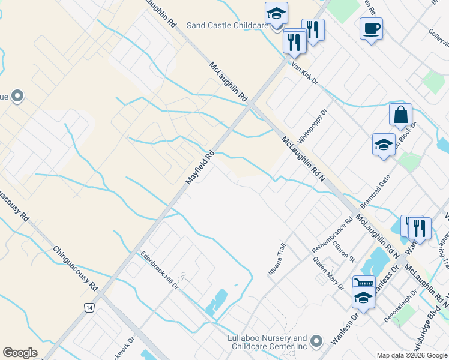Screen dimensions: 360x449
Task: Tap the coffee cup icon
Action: click(371, 28)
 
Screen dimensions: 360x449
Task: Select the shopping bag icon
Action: click(400, 114)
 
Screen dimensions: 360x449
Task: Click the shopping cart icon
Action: click(363, 284)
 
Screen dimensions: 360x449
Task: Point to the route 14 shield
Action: click(89, 307)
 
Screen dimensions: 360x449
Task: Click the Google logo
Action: click(20, 353)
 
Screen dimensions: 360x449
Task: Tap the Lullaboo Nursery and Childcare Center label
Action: click(267, 342)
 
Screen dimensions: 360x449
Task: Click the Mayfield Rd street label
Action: click(200, 167)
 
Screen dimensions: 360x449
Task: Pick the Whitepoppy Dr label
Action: click(313, 124)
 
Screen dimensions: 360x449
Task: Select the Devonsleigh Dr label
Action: click(400, 307)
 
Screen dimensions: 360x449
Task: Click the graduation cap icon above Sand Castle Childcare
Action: click(276, 13)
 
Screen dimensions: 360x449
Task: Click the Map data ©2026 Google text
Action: click(412, 355)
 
